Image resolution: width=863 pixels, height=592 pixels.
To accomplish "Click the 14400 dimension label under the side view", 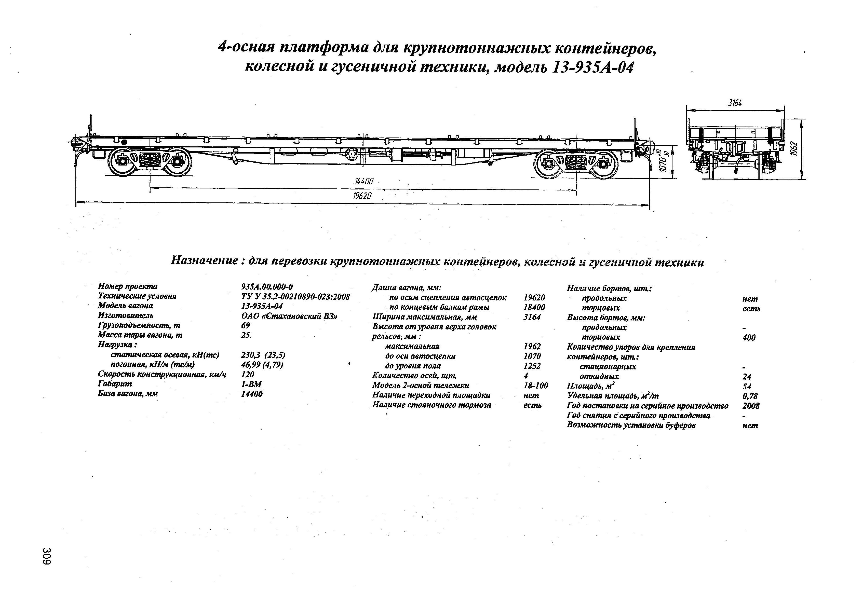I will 364,182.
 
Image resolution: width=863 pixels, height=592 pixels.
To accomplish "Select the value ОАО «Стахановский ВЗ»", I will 289,316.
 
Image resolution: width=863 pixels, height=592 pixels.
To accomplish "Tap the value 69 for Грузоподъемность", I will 246,325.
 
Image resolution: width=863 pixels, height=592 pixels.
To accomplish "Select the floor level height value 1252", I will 532,366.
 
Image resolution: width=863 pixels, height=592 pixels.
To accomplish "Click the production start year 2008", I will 751,406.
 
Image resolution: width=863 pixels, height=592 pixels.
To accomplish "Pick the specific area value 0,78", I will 750,396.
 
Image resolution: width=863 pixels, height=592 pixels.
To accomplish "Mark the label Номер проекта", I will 128,286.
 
